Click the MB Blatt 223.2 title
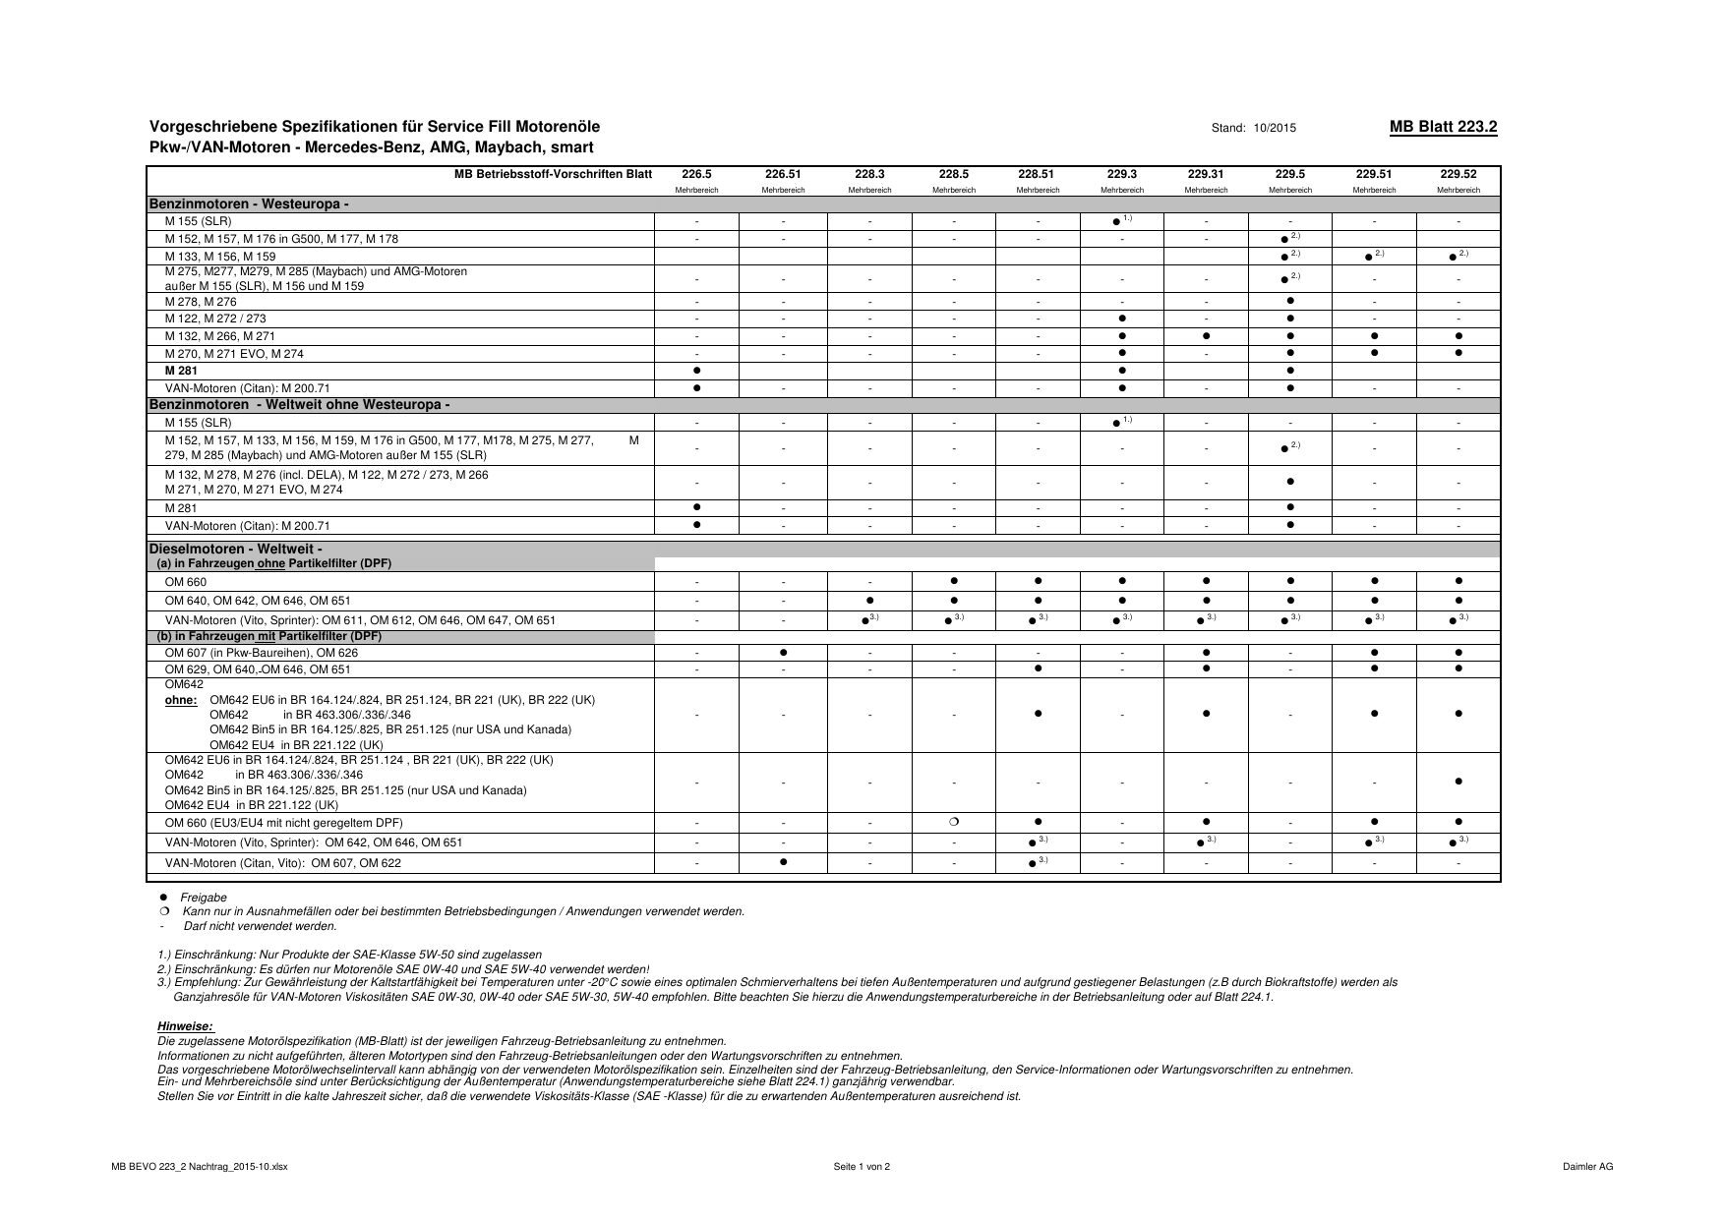(1443, 127)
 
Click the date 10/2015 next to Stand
(1277, 128)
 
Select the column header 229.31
(1205, 174)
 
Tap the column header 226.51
(783, 174)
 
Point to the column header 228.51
(1037, 174)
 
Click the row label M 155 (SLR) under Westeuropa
(199, 221)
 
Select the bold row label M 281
(181, 371)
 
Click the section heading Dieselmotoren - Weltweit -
(236, 549)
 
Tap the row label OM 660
(186, 582)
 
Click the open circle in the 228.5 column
(954, 822)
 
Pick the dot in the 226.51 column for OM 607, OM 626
(783, 653)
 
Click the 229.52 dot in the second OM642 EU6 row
(1458, 782)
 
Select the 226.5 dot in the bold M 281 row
(696, 371)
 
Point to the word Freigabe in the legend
(204, 898)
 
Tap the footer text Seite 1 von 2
(862, 1167)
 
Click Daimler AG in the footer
(1587, 1167)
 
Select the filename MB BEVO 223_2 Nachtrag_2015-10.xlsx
(200, 1167)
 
